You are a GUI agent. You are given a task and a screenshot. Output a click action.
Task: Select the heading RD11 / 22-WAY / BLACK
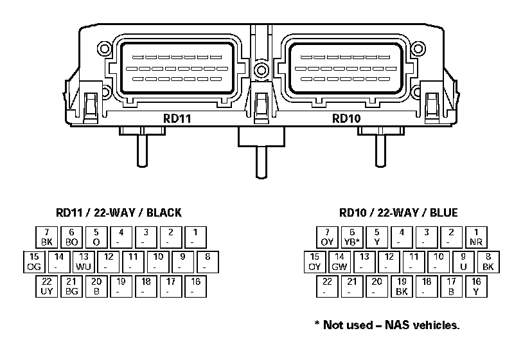pyautogui.click(x=119, y=213)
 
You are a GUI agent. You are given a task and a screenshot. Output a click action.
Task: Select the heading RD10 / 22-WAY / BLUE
pyautogui.click(x=398, y=213)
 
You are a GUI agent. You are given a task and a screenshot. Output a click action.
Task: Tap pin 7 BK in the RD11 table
pyautogui.click(x=46, y=237)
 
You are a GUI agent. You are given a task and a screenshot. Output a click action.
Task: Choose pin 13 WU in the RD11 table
pyautogui.click(x=84, y=262)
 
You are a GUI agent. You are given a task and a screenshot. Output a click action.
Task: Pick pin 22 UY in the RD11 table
pyautogui.click(x=46, y=286)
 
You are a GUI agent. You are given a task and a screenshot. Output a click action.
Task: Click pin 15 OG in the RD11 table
pyautogui.click(x=34, y=262)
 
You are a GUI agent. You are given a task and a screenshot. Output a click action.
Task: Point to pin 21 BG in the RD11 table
pyautogui.click(x=71, y=286)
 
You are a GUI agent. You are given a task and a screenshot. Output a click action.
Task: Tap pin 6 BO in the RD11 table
pyautogui.click(x=71, y=237)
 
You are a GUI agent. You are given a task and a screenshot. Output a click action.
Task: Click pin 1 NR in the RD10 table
pyautogui.click(x=476, y=237)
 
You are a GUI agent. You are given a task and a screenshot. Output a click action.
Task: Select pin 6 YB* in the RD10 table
pyautogui.click(x=351, y=237)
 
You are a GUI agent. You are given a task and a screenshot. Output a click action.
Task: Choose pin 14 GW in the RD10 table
pyautogui.click(x=339, y=262)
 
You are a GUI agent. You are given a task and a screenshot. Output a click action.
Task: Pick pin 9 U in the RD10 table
pyautogui.click(x=463, y=262)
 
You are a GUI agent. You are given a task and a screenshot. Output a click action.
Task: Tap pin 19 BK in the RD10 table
pyautogui.click(x=402, y=286)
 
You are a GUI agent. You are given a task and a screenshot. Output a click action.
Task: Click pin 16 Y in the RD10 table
pyautogui.click(x=476, y=286)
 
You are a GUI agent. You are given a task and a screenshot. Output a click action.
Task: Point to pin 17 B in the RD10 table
pyautogui.click(x=451, y=286)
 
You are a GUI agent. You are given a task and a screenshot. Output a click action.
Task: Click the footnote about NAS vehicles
pyautogui.click(x=387, y=325)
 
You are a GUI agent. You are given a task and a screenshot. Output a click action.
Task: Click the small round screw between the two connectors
pyautogui.click(x=260, y=69)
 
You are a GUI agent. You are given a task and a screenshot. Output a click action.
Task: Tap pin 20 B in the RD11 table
pyautogui.click(x=96, y=286)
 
